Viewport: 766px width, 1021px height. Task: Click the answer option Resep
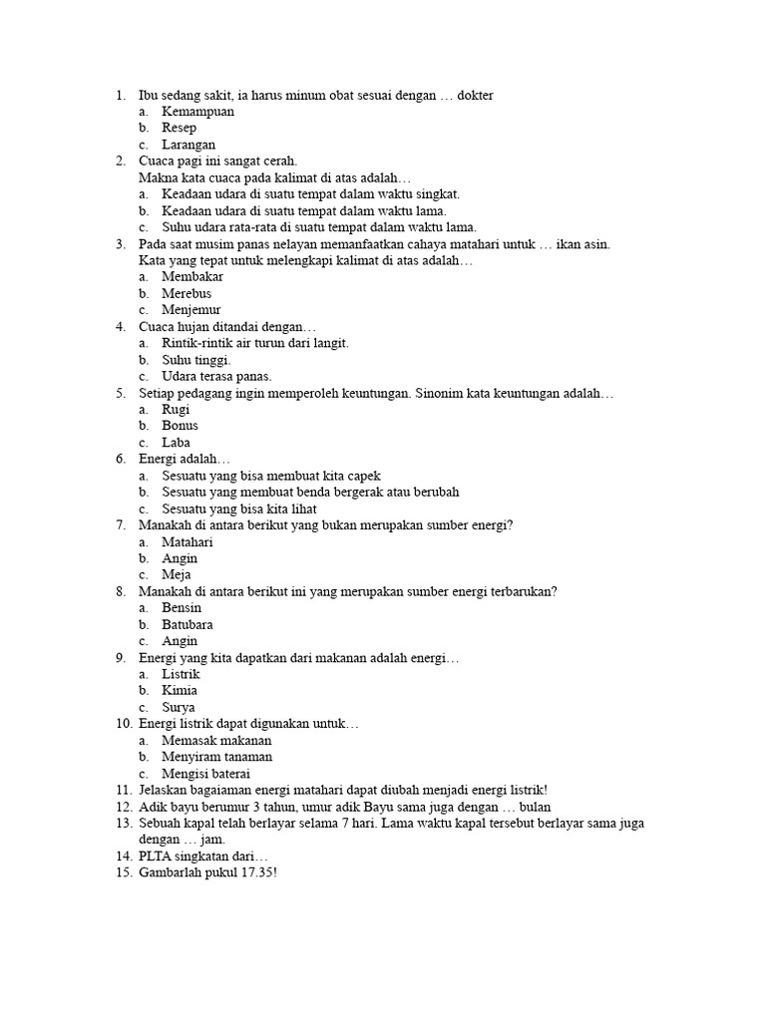pyautogui.click(x=180, y=128)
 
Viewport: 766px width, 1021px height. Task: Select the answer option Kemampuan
pyautogui.click(x=198, y=112)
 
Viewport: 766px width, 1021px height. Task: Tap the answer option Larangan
pyautogui.click(x=189, y=145)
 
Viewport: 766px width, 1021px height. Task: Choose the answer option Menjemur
pyautogui.click(x=192, y=310)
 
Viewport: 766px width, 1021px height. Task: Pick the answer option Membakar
pyautogui.click(x=192, y=276)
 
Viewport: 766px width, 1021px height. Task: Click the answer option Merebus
pyautogui.click(x=187, y=293)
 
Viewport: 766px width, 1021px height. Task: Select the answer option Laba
pyautogui.click(x=177, y=442)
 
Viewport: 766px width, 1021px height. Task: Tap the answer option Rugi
pyautogui.click(x=176, y=409)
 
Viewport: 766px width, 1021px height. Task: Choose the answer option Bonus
pyautogui.click(x=181, y=426)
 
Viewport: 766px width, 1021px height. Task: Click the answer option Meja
pyautogui.click(x=177, y=574)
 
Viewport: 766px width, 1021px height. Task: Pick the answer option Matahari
pyautogui.click(x=188, y=541)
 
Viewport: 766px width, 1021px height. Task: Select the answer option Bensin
pyautogui.click(x=182, y=607)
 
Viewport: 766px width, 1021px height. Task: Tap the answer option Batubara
pyautogui.click(x=188, y=624)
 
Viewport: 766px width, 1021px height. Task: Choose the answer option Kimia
pyautogui.click(x=180, y=690)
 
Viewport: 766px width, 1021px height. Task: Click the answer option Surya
pyautogui.click(x=179, y=707)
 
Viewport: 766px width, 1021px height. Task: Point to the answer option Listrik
pyautogui.click(x=182, y=674)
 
